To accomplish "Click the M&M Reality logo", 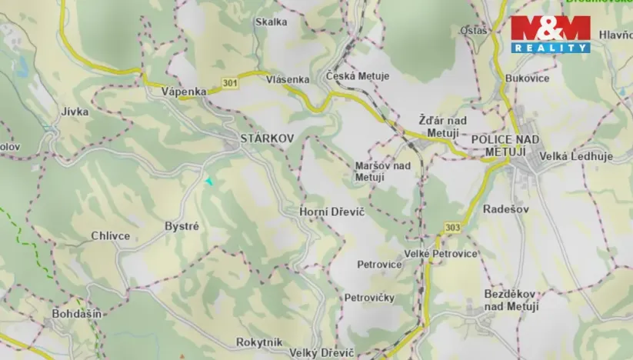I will (551, 34).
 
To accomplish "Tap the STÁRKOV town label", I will (267, 138).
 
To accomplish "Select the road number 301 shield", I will (228, 82).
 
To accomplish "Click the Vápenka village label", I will (184, 92).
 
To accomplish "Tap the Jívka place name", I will (75, 112).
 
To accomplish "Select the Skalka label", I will (271, 22).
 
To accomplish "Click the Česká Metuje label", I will (358, 76).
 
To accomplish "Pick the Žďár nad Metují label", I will (442, 127).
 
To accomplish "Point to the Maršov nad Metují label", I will (382, 172).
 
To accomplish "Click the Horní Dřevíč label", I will (331, 211).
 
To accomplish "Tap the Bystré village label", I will (182, 226).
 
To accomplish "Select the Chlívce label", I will (110, 236).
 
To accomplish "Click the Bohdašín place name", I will (77, 314).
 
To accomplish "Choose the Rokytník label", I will (259, 342).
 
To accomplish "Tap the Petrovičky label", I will (369, 297).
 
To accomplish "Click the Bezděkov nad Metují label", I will (511, 300).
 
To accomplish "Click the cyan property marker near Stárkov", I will (208, 181).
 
